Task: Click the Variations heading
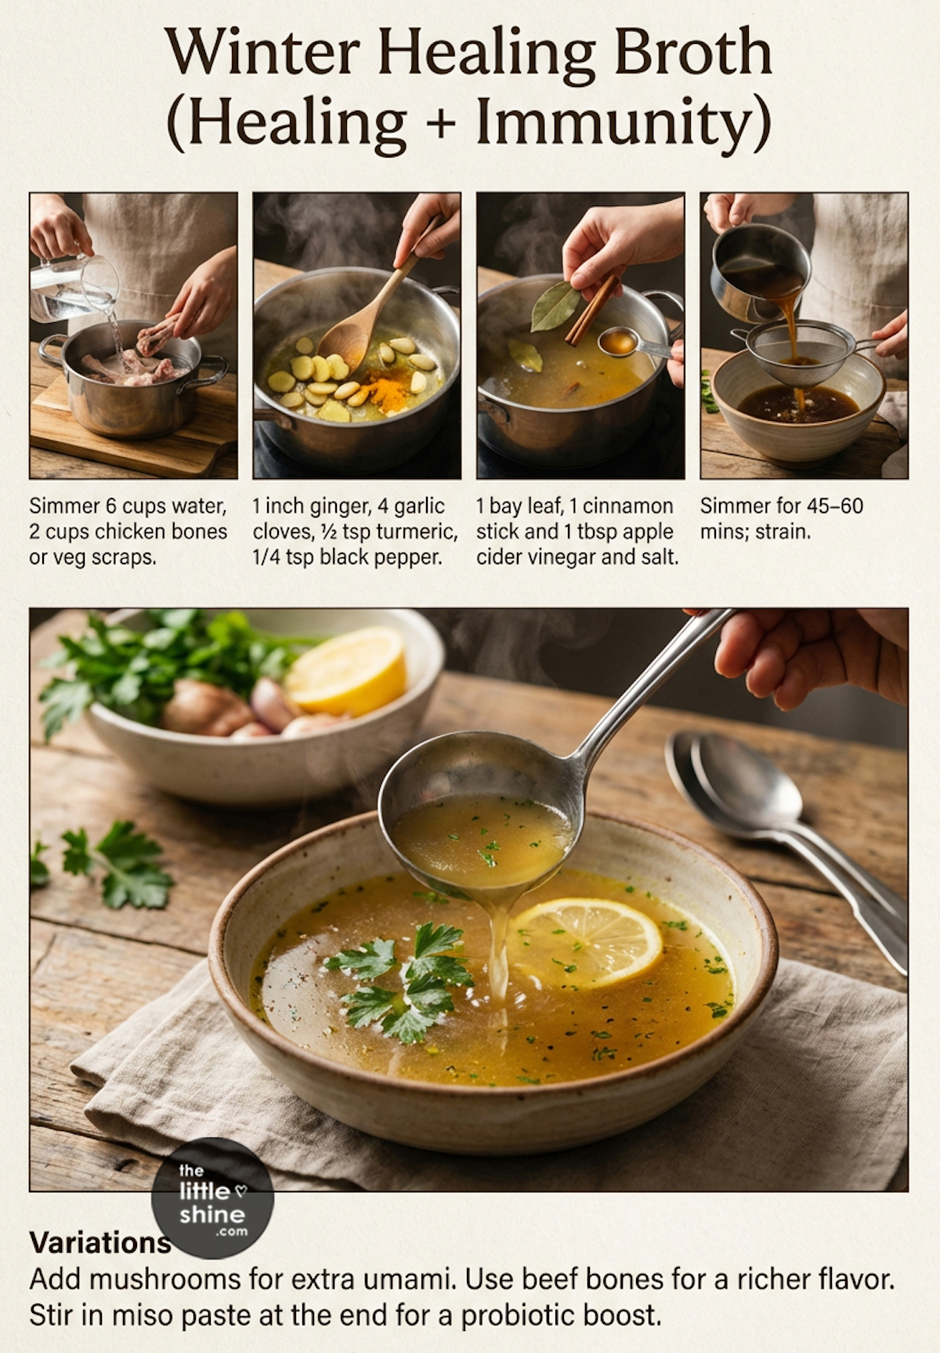100,1242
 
